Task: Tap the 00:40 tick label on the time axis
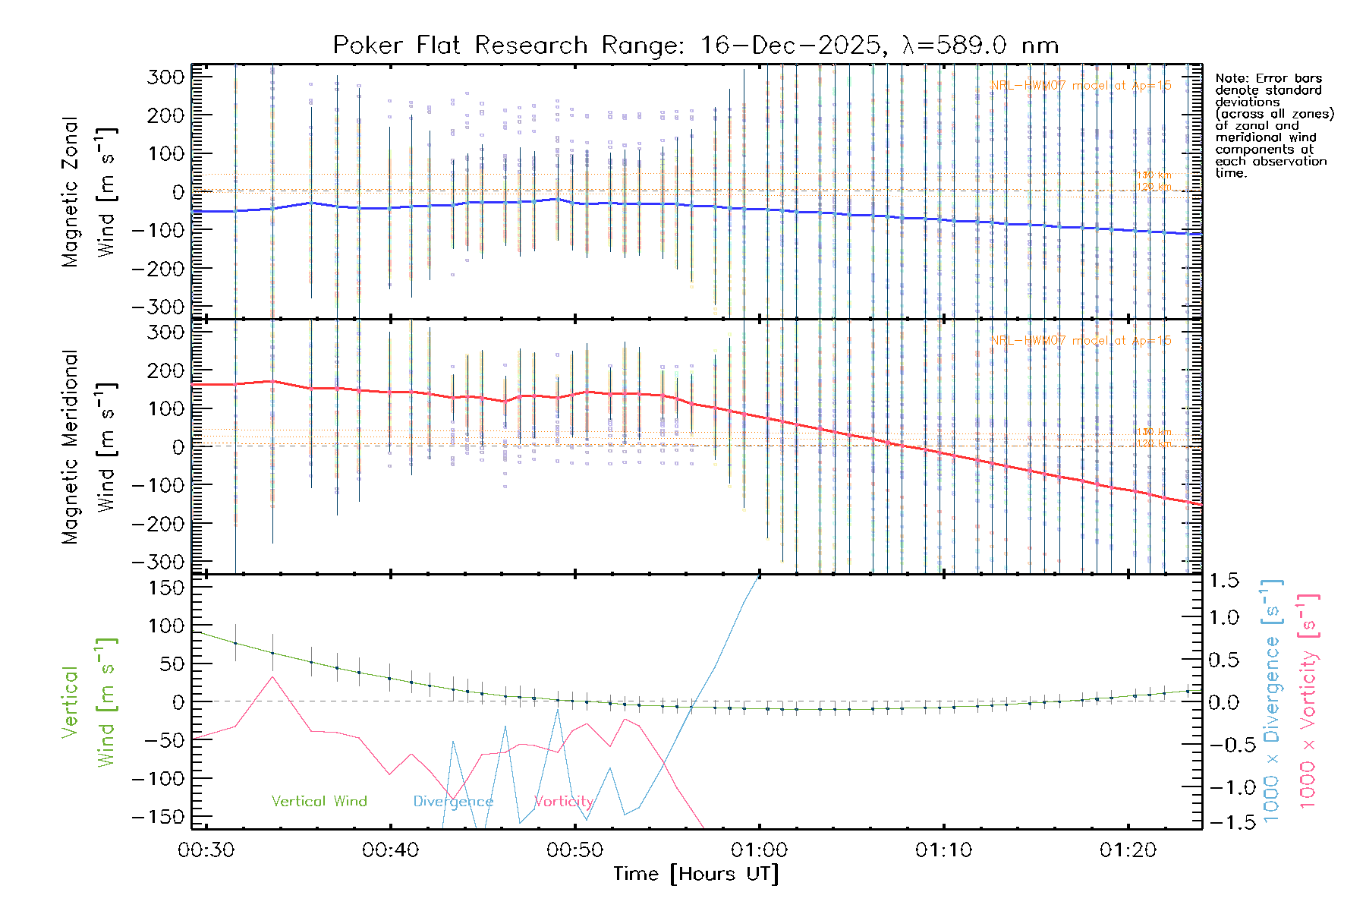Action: click(390, 850)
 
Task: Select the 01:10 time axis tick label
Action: click(943, 850)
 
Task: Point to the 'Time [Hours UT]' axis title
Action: click(696, 874)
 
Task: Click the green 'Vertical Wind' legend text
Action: click(319, 801)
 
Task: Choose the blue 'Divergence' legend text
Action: click(453, 802)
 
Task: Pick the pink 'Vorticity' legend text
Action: click(563, 801)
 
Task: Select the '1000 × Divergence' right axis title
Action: click(1271, 701)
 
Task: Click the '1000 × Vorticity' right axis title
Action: click(1308, 701)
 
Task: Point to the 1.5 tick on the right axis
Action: click(1223, 581)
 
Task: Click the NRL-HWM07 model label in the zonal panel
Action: click(1081, 86)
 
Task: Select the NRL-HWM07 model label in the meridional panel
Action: click(1081, 340)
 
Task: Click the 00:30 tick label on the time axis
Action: click(206, 850)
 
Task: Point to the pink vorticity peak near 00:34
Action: click(272, 676)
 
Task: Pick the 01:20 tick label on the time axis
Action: click(1128, 850)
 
